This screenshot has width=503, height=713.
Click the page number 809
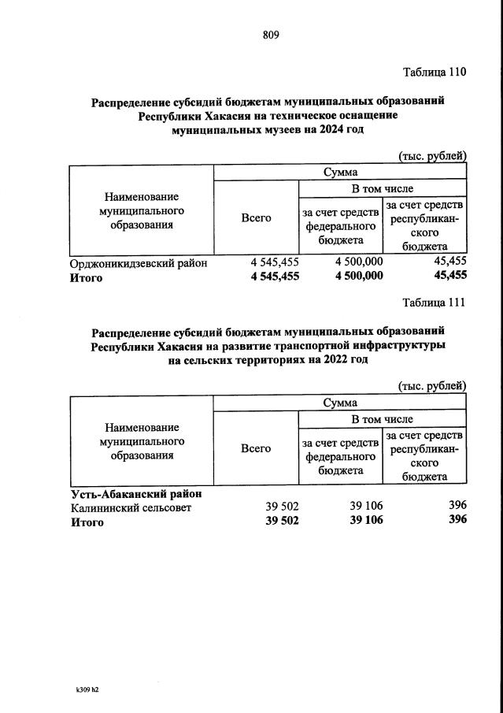tap(270, 35)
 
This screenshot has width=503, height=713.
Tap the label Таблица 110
tap(435, 72)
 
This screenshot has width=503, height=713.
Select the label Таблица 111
tap(435, 303)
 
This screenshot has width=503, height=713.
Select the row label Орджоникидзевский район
tap(139, 263)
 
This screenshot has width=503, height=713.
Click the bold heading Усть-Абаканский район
tap(135, 493)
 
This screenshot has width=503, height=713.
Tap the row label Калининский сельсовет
tap(131, 507)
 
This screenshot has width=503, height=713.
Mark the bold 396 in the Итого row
tap(456, 520)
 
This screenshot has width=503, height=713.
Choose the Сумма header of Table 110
tap(340, 172)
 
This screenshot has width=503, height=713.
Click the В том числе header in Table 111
tap(382, 419)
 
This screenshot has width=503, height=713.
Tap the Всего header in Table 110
tap(256, 217)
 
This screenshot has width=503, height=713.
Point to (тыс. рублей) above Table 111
tap(432, 386)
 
